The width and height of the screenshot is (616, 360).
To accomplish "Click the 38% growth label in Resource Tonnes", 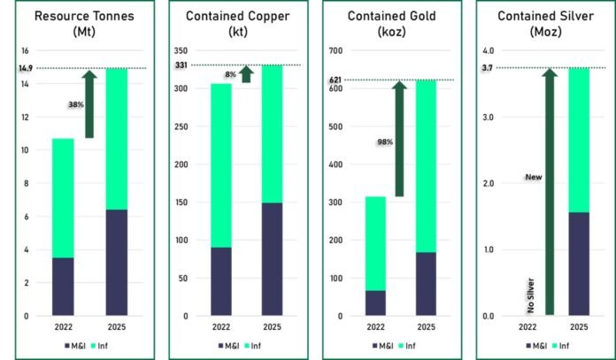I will [75, 104].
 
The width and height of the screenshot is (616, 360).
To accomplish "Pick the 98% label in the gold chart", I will [384, 141].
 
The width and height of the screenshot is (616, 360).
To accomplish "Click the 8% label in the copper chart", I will [230, 75].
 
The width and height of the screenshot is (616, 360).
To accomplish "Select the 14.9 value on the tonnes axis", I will [24, 68].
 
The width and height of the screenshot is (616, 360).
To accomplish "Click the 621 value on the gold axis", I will [335, 80].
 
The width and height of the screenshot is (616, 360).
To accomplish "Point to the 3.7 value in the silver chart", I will [488, 68].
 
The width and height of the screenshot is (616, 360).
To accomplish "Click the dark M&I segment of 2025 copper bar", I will [272, 258].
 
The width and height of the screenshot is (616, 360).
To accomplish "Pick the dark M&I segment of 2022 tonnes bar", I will [63, 286].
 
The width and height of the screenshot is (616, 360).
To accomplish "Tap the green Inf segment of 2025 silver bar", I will [579, 140].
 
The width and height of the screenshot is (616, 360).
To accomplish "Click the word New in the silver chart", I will [533, 177].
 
